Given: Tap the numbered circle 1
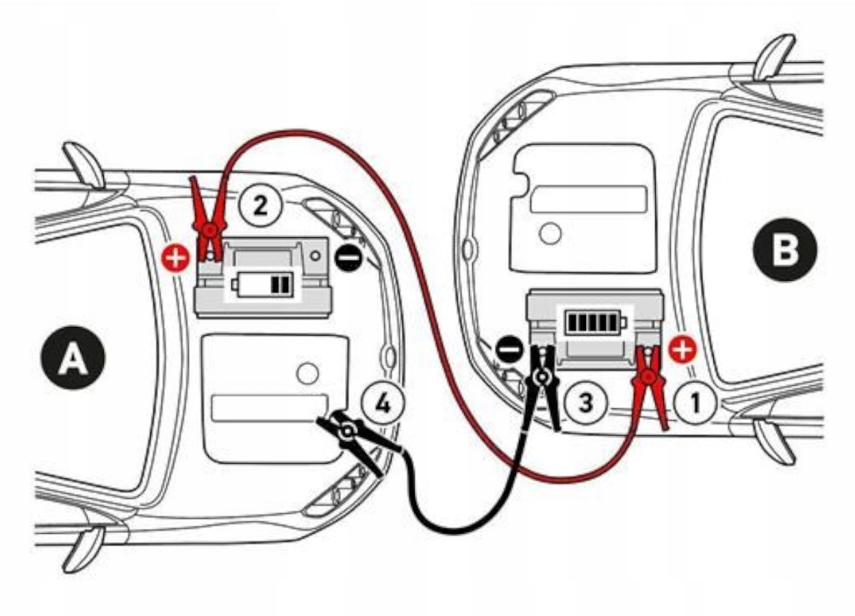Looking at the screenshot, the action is [696, 403].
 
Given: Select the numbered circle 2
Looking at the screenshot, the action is [260, 206].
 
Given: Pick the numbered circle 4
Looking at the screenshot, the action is [383, 404].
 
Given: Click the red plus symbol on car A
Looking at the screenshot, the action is [176, 258].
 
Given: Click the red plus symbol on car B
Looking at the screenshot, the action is [682, 350].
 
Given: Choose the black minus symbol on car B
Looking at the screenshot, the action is [509, 350].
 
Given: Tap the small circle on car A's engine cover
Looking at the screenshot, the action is [307, 373].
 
